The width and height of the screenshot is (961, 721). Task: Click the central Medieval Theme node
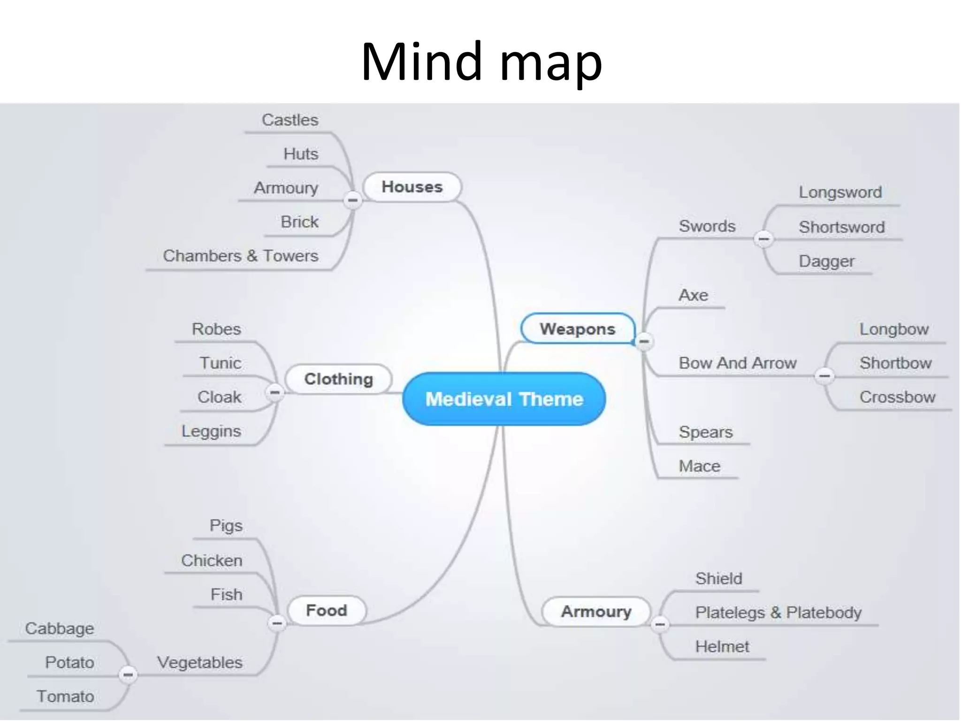pyautogui.click(x=504, y=399)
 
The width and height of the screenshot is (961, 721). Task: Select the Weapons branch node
pyautogui.click(x=577, y=329)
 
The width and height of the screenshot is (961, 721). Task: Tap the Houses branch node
pyautogui.click(x=412, y=187)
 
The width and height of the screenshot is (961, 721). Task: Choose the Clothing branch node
pyautogui.click(x=338, y=379)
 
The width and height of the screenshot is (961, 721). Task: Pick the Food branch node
pyautogui.click(x=327, y=610)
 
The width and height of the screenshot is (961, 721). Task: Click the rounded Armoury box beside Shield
pyautogui.click(x=596, y=611)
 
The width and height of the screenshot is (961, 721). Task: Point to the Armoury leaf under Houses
pyautogui.click(x=286, y=188)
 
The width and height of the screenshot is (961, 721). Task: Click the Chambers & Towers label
pyautogui.click(x=240, y=256)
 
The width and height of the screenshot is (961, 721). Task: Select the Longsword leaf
pyautogui.click(x=840, y=192)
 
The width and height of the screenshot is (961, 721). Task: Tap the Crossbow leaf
pyautogui.click(x=897, y=397)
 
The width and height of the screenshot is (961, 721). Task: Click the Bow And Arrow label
pyautogui.click(x=737, y=363)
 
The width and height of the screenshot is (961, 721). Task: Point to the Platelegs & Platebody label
pyautogui.click(x=778, y=612)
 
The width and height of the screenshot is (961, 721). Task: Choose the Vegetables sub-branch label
pyautogui.click(x=200, y=662)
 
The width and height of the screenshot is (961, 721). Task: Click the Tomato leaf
pyautogui.click(x=65, y=696)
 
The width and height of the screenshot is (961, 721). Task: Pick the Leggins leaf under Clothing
pyautogui.click(x=211, y=431)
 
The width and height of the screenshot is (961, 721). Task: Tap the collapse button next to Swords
pyautogui.click(x=763, y=239)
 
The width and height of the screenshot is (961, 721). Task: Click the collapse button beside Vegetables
pyautogui.click(x=128, y=675)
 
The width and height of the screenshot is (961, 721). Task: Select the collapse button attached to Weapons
pyautogui.click(x=644, y=341)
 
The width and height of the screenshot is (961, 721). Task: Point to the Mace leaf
pyautogui.click(x=699, y=466)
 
